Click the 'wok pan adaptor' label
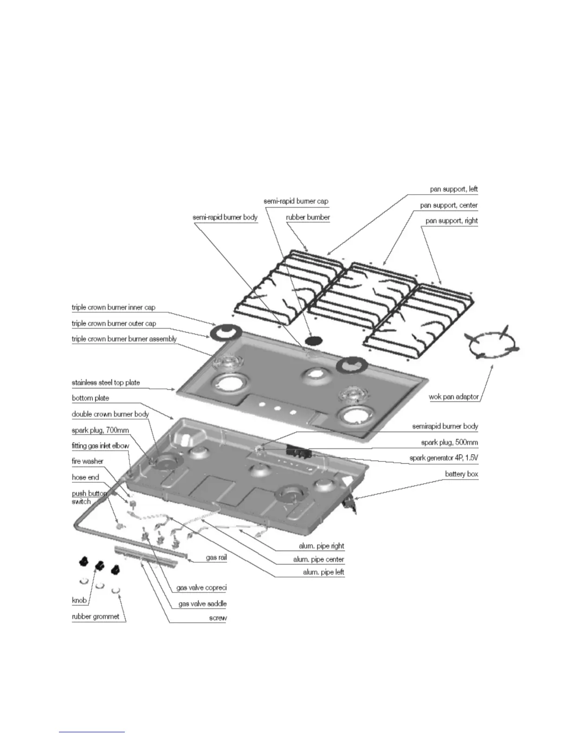pyautogui.click(x=454, y=397)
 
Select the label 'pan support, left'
pyautogui.click(x=454, y=190)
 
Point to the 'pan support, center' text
pyautogui.click(x=449, y=205)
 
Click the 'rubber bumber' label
pyautogui.click(x=308, y=217)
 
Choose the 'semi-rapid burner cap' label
pyautogui.click(x=296, y=201)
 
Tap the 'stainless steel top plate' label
pyautogui.click(x=106, y=383)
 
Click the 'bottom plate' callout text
pyautogui.click(x=90, y=398)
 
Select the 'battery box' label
pyautogui.click(x=461, y=474)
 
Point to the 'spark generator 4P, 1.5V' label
pyautogui.click(x=444, y=458)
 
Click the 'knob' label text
pyautogui.click(x=79, y=600)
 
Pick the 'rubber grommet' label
pyautogui.click(x=96, y=617)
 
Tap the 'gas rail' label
pyautogui.click(x=216, y=557)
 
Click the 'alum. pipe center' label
pyautogui.click(x=318, y=559)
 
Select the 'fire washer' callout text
pyautogui.click(x=88, y=461)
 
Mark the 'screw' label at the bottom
pyautogui.click(x=218, y=618)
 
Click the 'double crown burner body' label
pyautogui.click(x=110, y=414)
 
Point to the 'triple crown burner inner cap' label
pyautogui.click(x=114, y=308)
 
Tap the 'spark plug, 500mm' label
pyautogui.click(x=449, y=442)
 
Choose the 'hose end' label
pyautogui.click(x=85, y=477)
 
